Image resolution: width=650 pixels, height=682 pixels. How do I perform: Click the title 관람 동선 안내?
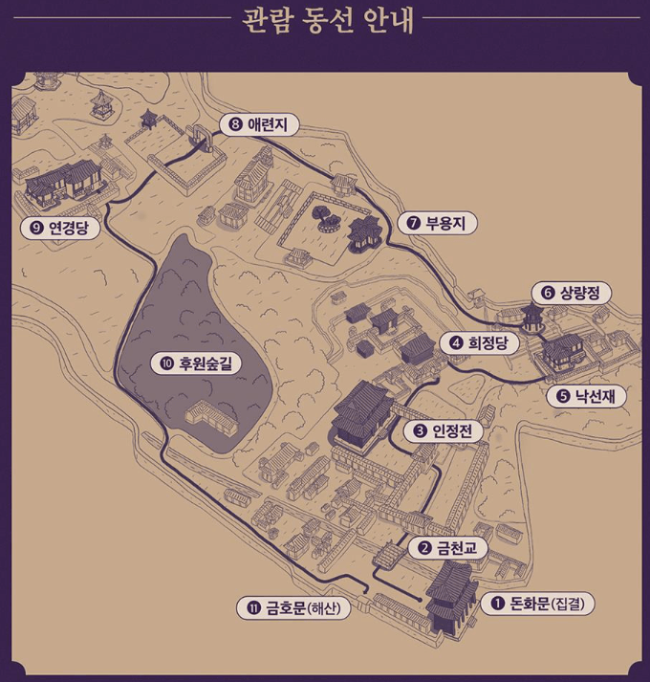point(324,21)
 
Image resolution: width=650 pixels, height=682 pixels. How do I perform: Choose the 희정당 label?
point(482,342)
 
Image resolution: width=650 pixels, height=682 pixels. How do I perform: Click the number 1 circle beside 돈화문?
point(497,604)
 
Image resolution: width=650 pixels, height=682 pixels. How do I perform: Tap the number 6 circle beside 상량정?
point(548,293)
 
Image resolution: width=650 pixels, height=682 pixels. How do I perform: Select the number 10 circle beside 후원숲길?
point(166,363)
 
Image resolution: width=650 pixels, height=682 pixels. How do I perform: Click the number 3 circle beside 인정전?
point(420,431)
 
